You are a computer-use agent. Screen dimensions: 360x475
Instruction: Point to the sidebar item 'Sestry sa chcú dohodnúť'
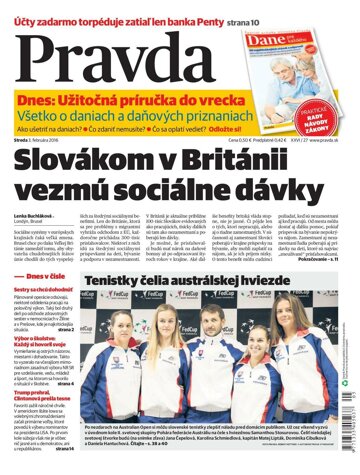pyautogui.click(x=44, y=261)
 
